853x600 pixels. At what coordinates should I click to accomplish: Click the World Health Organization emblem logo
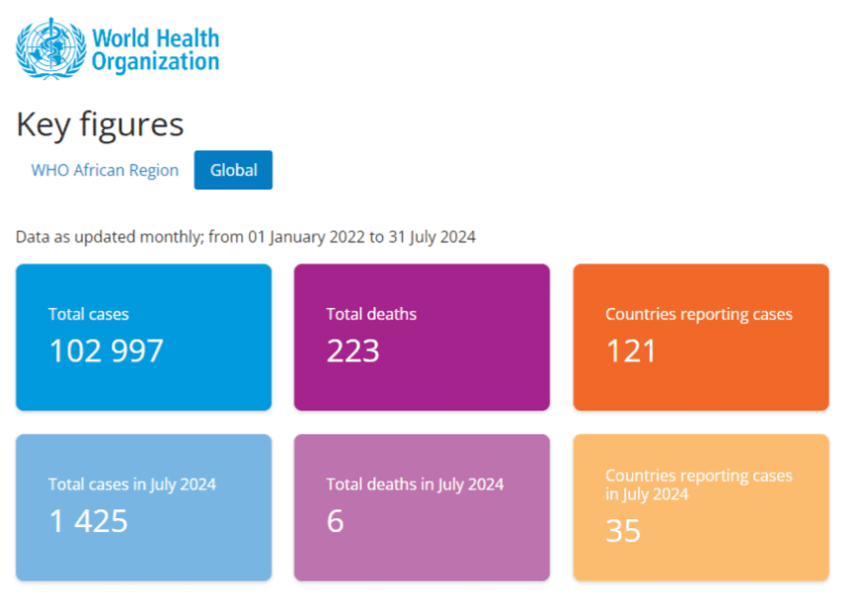click(51, 48)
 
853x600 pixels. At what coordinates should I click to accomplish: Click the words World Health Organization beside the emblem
click(155, 49)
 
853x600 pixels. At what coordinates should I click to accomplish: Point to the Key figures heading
click(100, 124)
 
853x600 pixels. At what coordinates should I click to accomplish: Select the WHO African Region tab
click(105, 170)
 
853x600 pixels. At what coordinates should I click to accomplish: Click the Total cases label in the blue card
click(89, 314)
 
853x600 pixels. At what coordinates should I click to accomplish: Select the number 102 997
click(106, 350)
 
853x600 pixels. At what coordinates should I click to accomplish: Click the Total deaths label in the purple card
click(371, 314)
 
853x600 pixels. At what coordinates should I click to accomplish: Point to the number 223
click(352, 350)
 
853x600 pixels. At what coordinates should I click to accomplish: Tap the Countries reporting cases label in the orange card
click(698, 314)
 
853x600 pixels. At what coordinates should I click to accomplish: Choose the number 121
click(631, 350)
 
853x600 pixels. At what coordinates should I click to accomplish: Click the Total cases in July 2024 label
click(131, 484)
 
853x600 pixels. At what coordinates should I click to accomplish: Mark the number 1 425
click(89, 520)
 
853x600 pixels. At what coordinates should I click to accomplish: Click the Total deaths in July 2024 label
click(415, 484)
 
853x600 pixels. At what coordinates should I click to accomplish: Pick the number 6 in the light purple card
click(336, 520)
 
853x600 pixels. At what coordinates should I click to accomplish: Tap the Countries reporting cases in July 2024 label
click(698, 484)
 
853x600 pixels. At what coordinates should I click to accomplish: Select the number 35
click(623, 530)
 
